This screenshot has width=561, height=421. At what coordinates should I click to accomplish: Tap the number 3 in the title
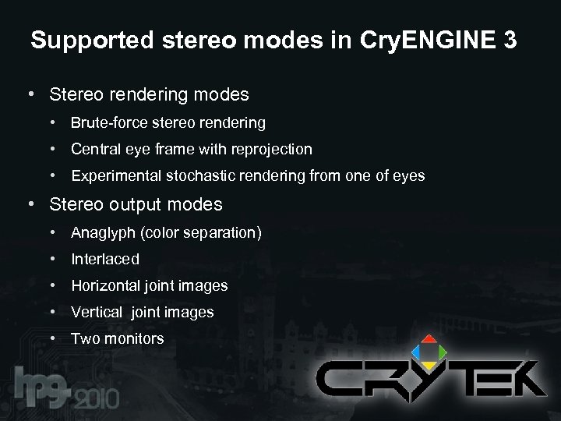point(510,41)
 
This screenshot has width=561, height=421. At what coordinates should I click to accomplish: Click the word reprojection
point(267,149)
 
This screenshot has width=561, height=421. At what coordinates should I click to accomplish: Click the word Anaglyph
point(104,232)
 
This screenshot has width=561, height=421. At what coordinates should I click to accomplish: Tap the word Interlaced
point(105,259)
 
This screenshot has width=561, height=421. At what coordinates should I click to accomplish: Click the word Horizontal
point(107,285)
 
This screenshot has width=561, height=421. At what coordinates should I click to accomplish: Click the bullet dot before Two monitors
point(51,338)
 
